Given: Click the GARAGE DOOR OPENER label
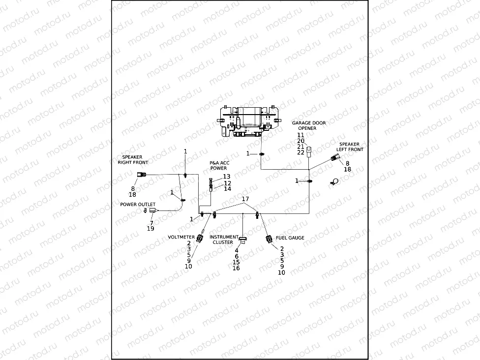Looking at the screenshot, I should point(308,125).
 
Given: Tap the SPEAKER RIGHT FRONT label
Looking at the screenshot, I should point(132,159).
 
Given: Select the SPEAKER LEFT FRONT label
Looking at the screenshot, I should point(350,147).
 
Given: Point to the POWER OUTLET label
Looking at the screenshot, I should point(138,204).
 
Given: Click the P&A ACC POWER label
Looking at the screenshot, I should point(219,165).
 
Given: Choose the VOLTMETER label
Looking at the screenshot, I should point(181,237).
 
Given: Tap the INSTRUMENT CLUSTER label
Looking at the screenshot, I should point(224,240).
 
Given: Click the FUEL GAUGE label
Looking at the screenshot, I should point(290,238).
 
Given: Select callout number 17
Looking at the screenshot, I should point(244,199).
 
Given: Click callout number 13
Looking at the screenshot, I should point(227,177).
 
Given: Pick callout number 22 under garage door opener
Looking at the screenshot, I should point(301,152).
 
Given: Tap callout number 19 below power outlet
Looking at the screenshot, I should point(150,229).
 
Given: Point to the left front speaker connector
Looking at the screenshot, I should point(334,158).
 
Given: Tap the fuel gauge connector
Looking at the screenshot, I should point(269,239).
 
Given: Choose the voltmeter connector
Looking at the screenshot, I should point(199,239).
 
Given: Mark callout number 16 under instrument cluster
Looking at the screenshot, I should point(236,268).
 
